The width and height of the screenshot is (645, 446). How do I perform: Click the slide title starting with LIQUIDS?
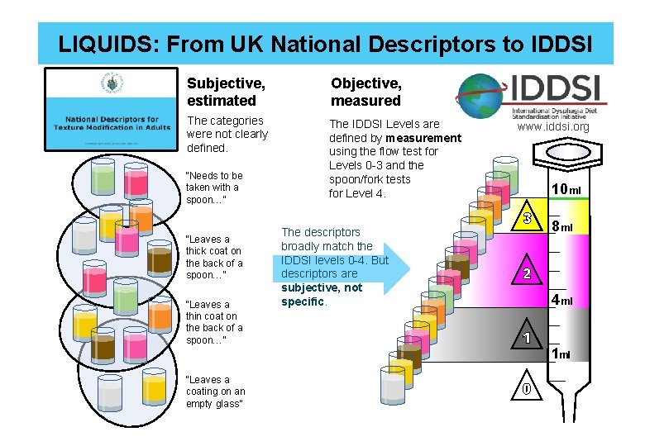click(x=325, y=43)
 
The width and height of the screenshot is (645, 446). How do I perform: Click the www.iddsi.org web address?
click(x=553, y=126)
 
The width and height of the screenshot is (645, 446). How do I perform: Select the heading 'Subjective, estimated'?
click(x=222, y=92)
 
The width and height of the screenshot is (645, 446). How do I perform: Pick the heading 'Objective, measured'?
click(x=365, y=92)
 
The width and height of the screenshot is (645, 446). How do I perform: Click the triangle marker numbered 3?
click(x=527, y=219)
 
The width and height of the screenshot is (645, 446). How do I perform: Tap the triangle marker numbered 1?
click(x=527, y=338)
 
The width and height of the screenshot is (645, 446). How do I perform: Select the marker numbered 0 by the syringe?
click(x=527, y=388)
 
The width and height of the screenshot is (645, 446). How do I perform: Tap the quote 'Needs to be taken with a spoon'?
click(x=214, y=187)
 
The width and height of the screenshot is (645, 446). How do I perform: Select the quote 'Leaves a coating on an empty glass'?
click(x=215, y=391)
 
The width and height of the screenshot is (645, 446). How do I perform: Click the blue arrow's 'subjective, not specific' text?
click(x=322, y=294)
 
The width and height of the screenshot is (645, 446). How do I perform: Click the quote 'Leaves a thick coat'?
click(x=214, y=257)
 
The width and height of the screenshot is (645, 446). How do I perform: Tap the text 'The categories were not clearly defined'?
click(x=227, y=134)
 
